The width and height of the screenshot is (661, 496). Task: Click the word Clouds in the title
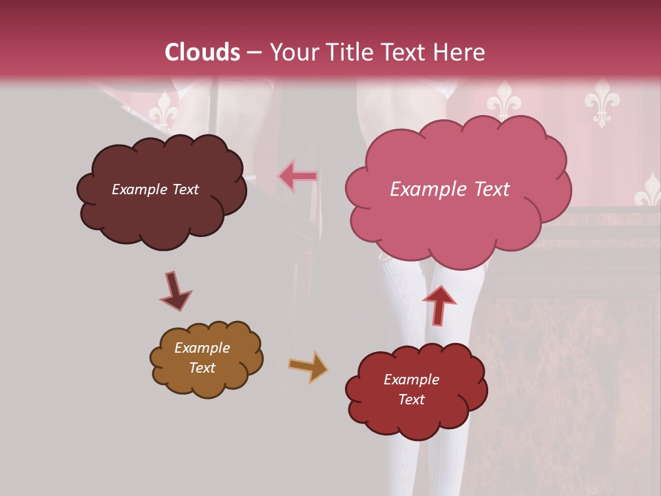tap(202, 52)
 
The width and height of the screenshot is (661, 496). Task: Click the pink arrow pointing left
tap(298, 176)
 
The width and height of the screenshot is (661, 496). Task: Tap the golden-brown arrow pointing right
tap(308, 366)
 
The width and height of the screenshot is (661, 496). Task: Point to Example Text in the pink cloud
tap(450, 189)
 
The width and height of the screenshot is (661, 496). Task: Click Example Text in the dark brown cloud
tap(155, 189)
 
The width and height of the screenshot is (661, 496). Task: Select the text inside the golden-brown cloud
tap(202, 358)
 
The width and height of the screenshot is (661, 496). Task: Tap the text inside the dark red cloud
tap(411, 389)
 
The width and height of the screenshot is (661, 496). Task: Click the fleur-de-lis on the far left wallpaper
tap(164, 110)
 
